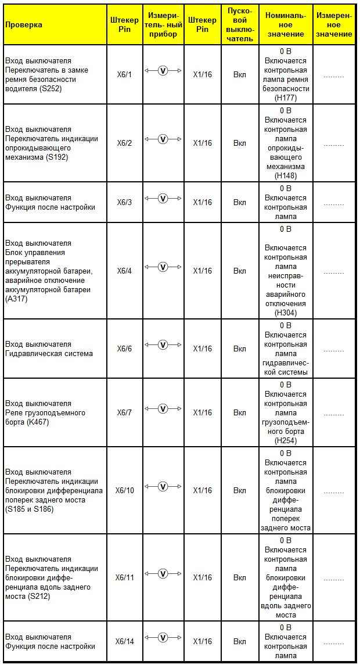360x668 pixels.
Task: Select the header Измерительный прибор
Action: tap(163, 24)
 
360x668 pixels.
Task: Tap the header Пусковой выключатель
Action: tap(240, 24)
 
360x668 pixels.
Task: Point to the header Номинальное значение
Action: tap(285, 24)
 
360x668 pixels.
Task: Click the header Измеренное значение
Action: tap(334, 24)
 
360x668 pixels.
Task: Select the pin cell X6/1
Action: tap(124, 75)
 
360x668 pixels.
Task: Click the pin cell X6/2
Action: tap(124, 143)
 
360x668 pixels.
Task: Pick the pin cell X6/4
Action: tap(124, 271)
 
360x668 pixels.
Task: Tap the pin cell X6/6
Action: tap(124, 349)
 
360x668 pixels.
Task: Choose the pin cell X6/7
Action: tap(124, 412)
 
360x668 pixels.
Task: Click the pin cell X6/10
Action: tap(124, 490)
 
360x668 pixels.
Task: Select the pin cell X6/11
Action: tap(124, 577)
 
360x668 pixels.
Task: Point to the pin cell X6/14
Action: tap(124, 641)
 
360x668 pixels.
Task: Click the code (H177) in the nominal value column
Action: tap(285, 98)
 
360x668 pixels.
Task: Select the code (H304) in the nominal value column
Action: tap(285, 313)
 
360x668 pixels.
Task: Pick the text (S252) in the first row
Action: tap(49, 89)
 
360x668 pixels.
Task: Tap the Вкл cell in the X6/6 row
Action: tap(240, 349)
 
